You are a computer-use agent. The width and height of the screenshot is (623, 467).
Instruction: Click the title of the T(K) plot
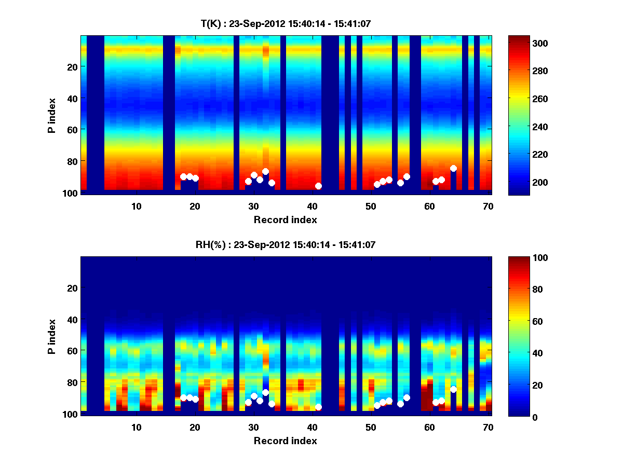pos(286,23)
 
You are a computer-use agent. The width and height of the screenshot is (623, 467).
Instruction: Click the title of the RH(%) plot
pos(286,244)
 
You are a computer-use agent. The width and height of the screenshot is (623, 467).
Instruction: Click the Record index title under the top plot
pos(286,219)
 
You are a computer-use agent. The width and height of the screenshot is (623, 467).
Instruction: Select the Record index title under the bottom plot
pos(286,441)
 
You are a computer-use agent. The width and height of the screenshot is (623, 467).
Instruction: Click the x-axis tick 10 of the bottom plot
pos(136,427)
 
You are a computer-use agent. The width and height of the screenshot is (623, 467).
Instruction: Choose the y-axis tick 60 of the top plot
pos(72,129)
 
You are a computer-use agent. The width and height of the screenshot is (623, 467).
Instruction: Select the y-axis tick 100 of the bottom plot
pos(70,414)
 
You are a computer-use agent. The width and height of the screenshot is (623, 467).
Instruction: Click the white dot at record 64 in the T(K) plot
pos(453,168)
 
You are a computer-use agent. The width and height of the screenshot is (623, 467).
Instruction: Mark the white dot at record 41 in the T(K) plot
pos(318,186)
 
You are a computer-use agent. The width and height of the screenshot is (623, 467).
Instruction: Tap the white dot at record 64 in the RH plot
pos(453,389)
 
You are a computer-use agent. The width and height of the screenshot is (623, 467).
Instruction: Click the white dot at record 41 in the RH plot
pos(318,407)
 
